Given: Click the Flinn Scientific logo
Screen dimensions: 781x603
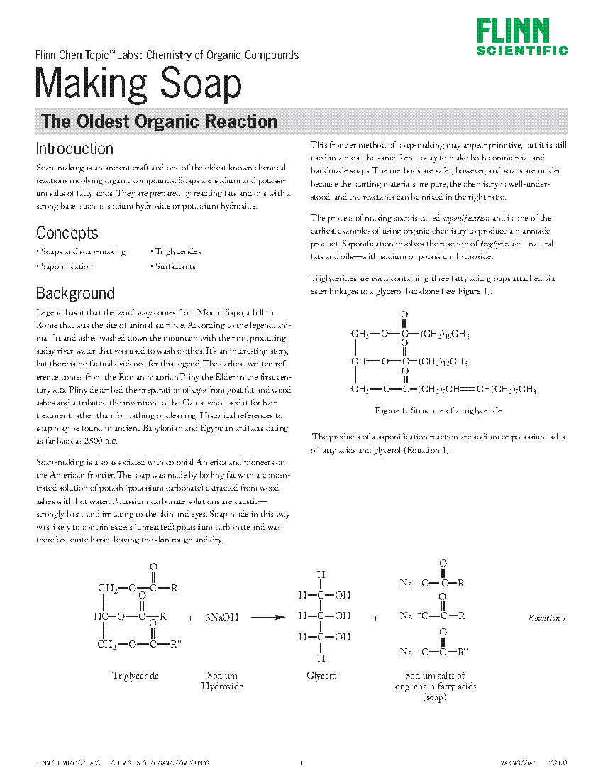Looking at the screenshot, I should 521,37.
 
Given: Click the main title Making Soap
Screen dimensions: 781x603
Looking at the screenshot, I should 138,84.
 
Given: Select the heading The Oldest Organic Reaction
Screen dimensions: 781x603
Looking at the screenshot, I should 159,121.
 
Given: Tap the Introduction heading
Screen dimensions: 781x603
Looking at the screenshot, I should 74,148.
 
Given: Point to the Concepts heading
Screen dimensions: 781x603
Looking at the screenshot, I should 67,233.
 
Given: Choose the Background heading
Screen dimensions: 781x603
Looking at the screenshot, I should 74,293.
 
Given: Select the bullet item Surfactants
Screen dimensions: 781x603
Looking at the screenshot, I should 175,266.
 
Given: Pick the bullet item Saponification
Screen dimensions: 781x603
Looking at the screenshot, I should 66,266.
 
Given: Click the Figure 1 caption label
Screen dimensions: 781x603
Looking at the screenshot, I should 392,410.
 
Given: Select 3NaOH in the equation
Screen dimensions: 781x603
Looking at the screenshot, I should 222,618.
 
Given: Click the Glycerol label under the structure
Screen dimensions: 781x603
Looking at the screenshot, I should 323,676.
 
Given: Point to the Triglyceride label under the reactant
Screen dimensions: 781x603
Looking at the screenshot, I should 135,676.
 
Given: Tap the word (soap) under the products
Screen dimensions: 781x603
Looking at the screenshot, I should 434,698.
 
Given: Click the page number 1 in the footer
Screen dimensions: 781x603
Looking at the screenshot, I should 301,763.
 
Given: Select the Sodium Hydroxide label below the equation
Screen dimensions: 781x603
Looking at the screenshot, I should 222,682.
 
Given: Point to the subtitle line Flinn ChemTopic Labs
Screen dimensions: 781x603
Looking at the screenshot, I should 167,55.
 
